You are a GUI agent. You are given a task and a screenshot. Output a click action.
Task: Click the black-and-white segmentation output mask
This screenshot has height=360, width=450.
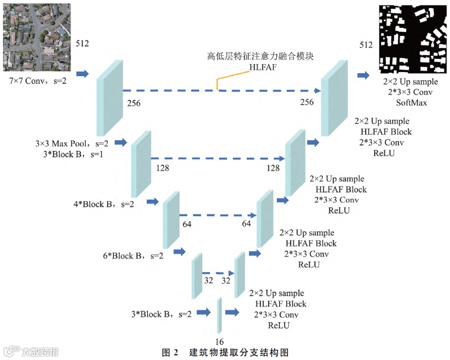coord(412,37)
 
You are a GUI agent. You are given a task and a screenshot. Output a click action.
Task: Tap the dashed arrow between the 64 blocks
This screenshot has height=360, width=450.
coord(217,215)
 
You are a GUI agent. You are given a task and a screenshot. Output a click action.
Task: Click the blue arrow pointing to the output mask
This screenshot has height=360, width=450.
coord(364,75)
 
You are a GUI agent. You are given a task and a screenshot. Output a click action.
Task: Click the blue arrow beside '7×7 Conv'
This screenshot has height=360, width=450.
coord(83,74)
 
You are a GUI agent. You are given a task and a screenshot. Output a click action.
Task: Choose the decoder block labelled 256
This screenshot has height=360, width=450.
coord(333,98)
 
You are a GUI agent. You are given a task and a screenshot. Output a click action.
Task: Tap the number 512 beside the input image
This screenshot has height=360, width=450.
coord(82,44)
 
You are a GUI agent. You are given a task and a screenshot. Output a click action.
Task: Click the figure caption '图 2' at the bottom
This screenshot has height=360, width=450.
coord(170,352)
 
